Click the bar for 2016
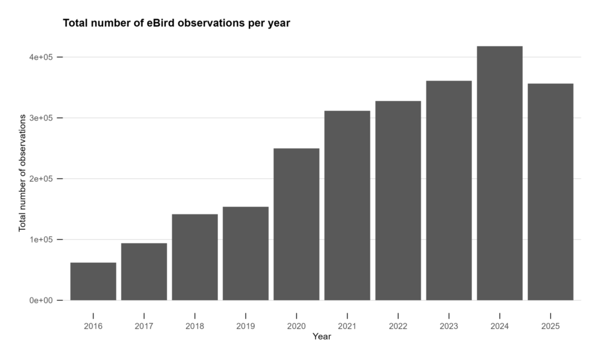coord(93,281)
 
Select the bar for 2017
coord(144,271)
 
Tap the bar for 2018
coord(195,257)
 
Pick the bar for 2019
coord(246,253)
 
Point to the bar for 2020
coord(296,225)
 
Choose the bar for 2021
coord(347,206)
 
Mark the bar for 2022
coord(398,201)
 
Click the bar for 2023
coord(449,191)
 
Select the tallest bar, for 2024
coord(499,174)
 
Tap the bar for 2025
coord(550,192)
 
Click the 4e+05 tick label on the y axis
coord(42,57)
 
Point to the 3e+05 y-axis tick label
coord(42,118)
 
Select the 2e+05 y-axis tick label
coord(42,179)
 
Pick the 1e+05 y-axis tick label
coord(42,240)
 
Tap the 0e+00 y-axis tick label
coord(42,300)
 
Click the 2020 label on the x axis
coord(296,327)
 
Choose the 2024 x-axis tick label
coord(499,327)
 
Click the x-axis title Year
coord(322,337)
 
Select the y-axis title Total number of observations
coord(22,173)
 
